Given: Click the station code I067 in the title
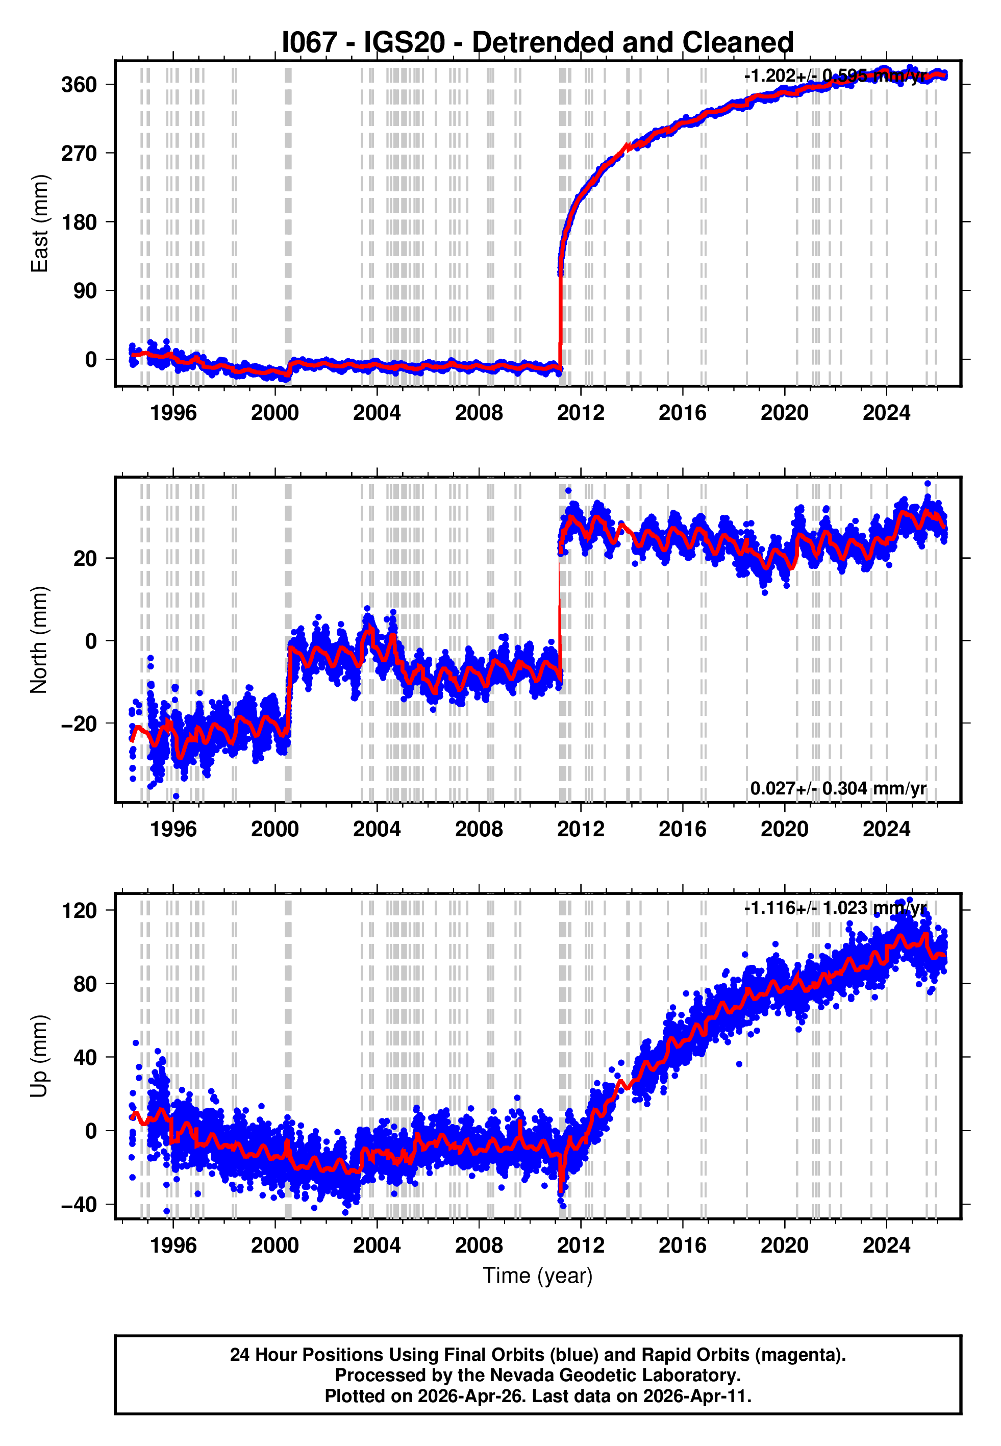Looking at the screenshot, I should coord(310,43).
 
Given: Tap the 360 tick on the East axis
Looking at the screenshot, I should coord(79,85).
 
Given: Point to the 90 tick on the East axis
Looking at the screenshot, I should coord(85,291).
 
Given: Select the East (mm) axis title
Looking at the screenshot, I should coord(39,224).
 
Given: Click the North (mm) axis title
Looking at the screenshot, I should coord(39,640).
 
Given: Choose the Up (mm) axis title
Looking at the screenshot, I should coord(39,1056).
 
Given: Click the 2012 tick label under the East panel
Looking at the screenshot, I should coord(580,413).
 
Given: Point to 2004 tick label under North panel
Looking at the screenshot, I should coord(377,829).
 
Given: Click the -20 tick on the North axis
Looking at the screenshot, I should coord(79,724).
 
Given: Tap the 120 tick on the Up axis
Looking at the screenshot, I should coord(79,910).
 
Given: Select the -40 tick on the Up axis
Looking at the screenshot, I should coord(79,1204).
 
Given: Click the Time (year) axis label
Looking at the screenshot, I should coord(538,1276).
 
